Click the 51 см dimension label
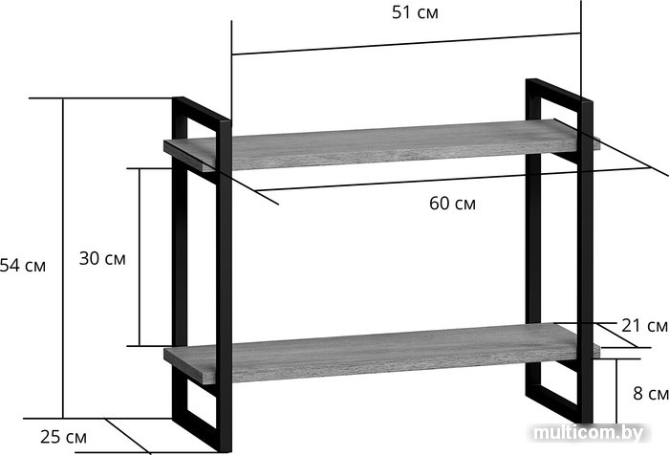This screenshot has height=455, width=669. (415, 12)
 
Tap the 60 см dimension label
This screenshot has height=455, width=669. (452, 204)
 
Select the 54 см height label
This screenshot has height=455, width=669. (23, 266)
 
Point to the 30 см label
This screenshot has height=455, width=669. (102, 258)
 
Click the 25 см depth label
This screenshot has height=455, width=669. (63, 437)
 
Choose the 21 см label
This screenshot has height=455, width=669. (644, 326)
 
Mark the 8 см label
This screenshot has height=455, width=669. (650, 394)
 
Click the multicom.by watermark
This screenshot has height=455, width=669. (589, 433)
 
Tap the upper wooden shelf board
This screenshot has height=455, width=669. (382, 145)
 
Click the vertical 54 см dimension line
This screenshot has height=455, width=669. (63, 258)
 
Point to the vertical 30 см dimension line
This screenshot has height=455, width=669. (140, 257)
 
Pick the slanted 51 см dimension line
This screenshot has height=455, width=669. (406, 44)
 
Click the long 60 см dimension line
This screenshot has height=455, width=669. (452, 180)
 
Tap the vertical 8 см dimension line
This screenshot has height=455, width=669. (616, 391)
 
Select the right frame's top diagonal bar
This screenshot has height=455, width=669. (559, 92)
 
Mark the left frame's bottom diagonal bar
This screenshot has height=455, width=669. (202, 433)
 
